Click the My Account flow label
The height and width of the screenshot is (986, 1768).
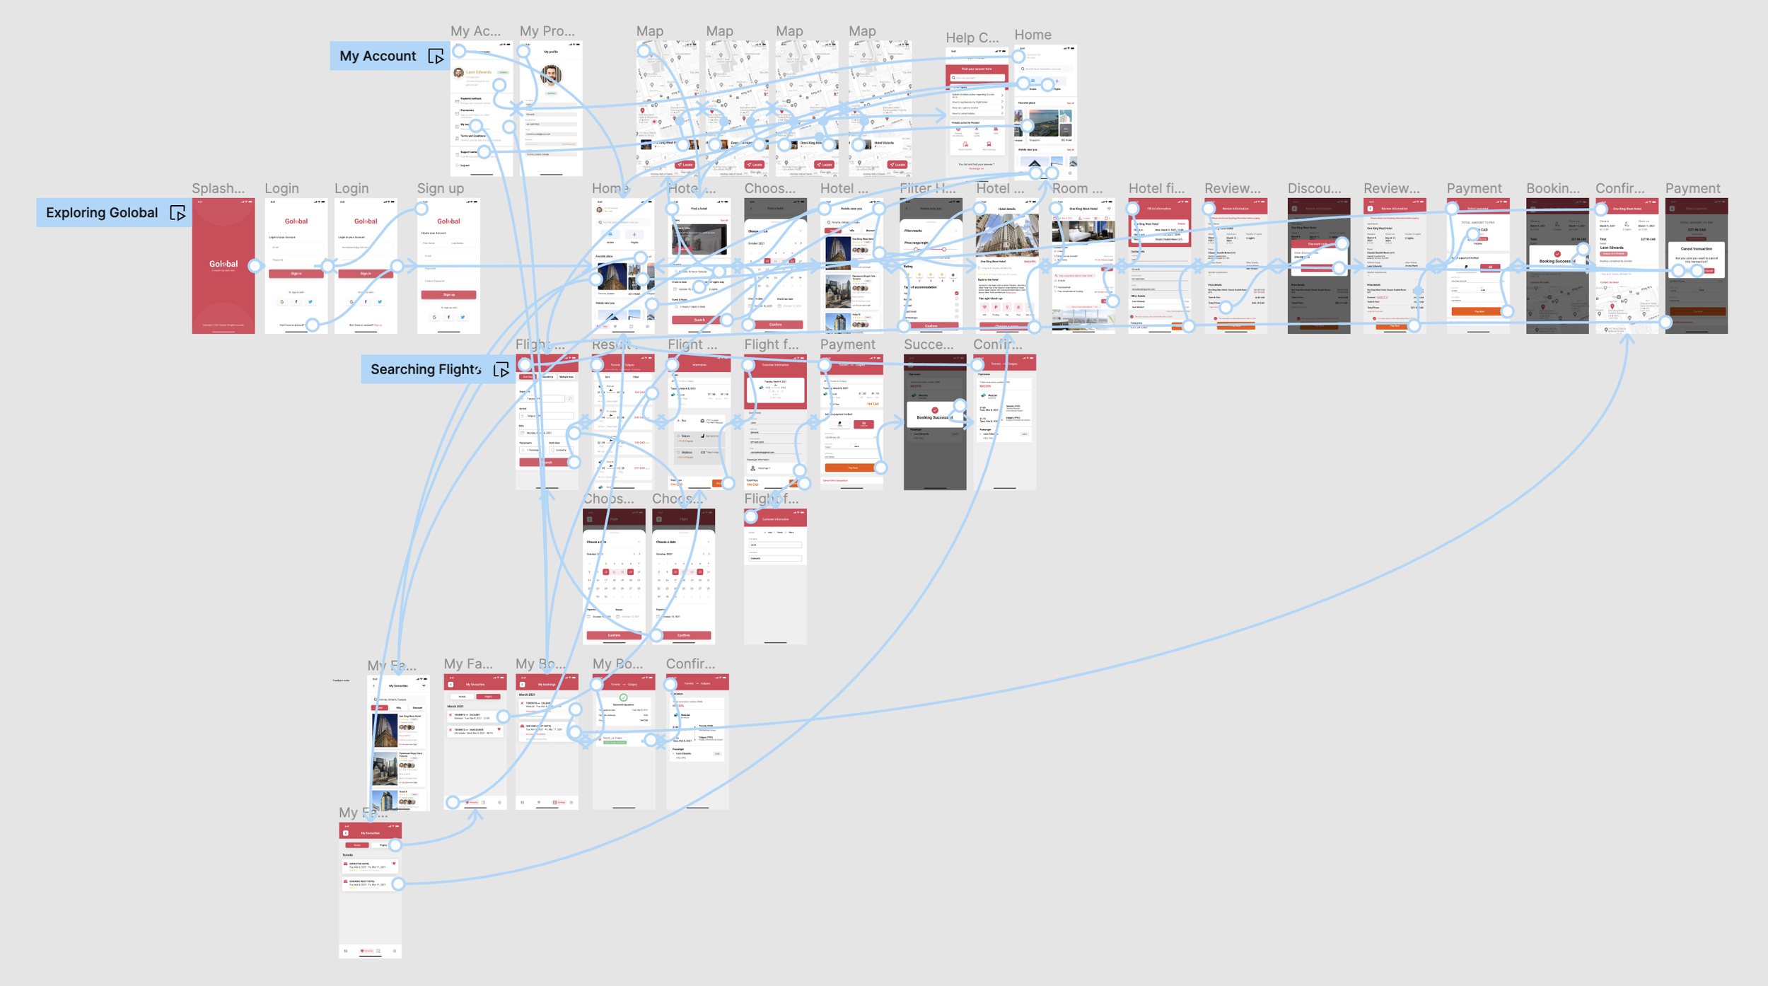pyautogui.click(x=378, y=56)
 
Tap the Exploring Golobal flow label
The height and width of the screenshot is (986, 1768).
pyautogui.click(x=102, y=213)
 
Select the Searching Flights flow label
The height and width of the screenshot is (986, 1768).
pyautogui.click(x=426, y=369)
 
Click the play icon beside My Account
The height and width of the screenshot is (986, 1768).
pyautogui.click(x=436, y=57)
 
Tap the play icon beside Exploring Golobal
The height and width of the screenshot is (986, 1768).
pyautogui.click(x=178, y=213)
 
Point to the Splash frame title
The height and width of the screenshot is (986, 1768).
pyautogui.click(x=218, y=188)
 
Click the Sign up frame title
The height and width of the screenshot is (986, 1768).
pyautogui.click(x=440, y=188)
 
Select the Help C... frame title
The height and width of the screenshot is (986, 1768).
pyautogui.click(x=972, y=37)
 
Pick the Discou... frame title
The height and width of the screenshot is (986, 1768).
pyautogui.click(x=1314, y=188)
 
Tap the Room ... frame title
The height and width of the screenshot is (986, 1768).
pyautogui.click(x=1077, y=188)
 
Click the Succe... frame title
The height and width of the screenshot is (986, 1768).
pyautogui.click(x=929, y=344)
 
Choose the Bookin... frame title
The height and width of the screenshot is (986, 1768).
pyautogui.click(x=1552, y=188)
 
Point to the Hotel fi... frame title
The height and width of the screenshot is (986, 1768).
pyautogui.click(x=1156, y=188)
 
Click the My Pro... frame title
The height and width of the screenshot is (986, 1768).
pyautogui.click(x=547, y=31)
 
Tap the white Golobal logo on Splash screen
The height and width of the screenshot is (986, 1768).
pyautogui.click(x=223, y=264)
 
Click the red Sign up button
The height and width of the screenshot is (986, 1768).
pyautogui.click(x=448, y=294)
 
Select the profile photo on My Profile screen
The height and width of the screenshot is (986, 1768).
pyautogui.click(x=551, y=74)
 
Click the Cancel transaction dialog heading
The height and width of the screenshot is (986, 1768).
pyautogui.click(x=1696, y=249)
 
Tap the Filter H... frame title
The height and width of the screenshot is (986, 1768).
pyautogui.click(x=927, y=188)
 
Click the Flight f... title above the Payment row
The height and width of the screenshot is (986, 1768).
pyautogui.click(x=771, y=344)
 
